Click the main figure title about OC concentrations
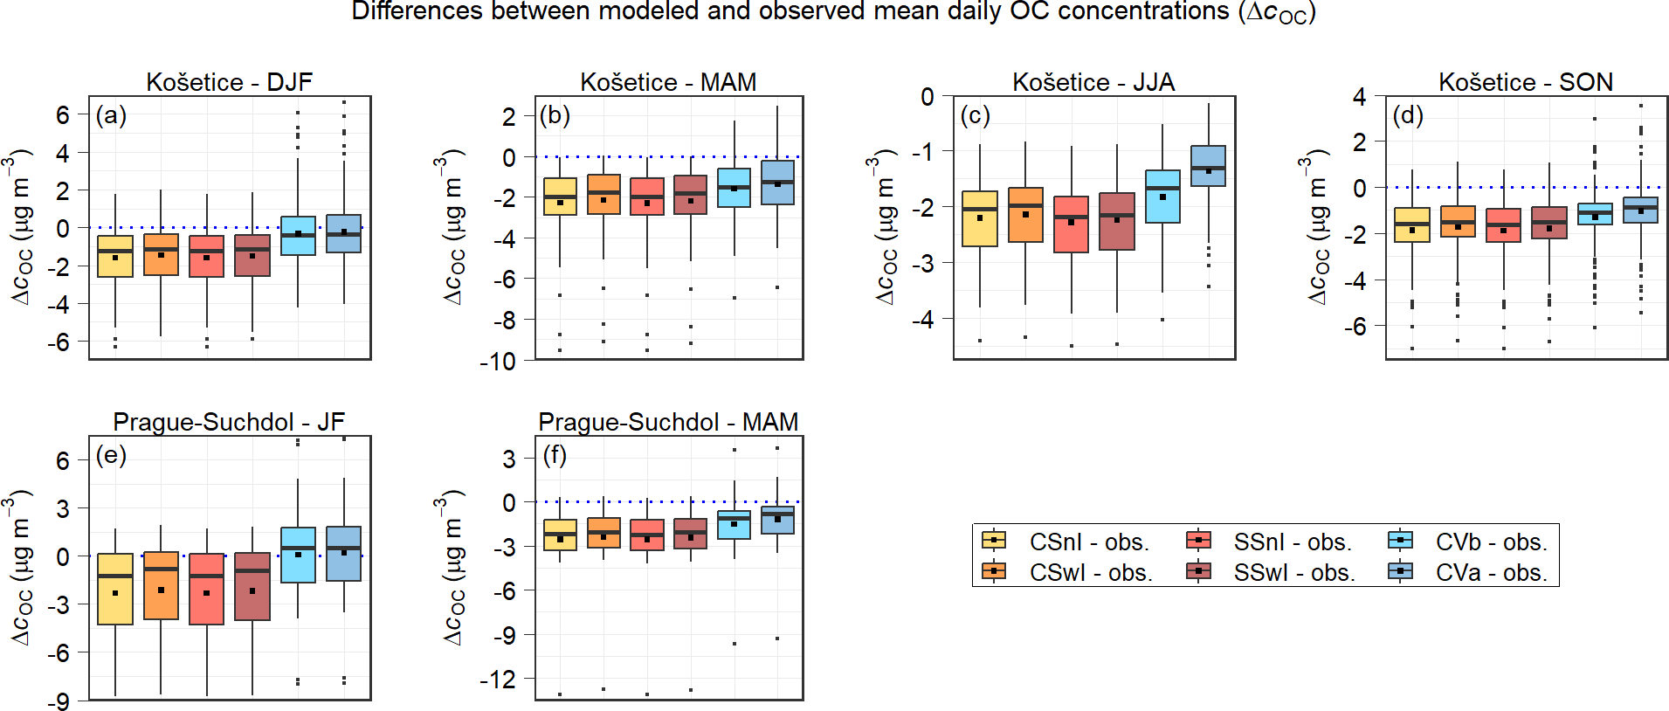pyautogui.click(x=833, y=12)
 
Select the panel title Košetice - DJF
pyautogui.click(x=229, y=82)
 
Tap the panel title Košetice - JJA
pyautogui.click(x=1093, y=82)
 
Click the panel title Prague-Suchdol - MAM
pyautogui.click(x=668, y=422)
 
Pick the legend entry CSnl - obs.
pyautogui.click(x=1088, y=542)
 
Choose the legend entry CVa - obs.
pyautogui.click(x=1491, y=572)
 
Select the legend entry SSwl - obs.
pyautogui.click(x=1293, y=572)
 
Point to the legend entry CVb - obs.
pyautogui.click(x=1491, y=542)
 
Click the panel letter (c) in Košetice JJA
pyautogui.click(x=975, y=115)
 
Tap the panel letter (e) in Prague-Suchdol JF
pyautogui.click(x=111, y=455)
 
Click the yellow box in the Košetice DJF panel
pyautogui.click(x=115, y=256)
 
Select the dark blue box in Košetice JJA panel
pyautogui.click(x=1209, y=166)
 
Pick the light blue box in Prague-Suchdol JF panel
pyautogui.click(x=298, y=555)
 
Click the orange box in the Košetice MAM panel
pyautogui.click(x=603, y=194)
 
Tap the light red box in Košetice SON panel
pyautogui.click(x=1503, y=225)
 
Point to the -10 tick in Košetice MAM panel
pyautogui.click(x=498, y=361)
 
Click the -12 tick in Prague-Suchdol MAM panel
pyautogui.click(x=498, y=679)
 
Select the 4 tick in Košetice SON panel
pyautogui.click(x=1360, y=96)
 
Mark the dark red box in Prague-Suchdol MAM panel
pyautogui.click(x=691, y=534)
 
